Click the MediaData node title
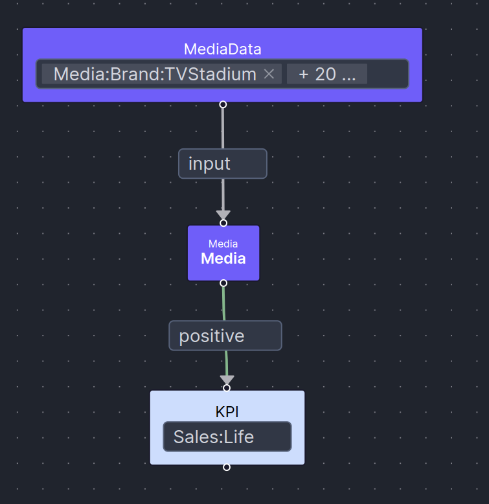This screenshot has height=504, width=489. pos(222,49)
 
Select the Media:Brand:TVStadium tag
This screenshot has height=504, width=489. pos(155,74)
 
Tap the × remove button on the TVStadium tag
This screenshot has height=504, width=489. pos(269,74)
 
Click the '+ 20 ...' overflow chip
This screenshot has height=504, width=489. pos(326,74)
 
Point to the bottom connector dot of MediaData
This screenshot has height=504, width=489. pos(223,104)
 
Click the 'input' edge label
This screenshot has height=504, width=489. pos(222,163)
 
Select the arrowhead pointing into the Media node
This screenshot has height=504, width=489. pos(223,214)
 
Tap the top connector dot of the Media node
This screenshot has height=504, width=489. pos(223,223)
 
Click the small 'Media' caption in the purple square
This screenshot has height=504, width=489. pos(223,244)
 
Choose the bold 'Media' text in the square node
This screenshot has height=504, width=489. pos(223,258)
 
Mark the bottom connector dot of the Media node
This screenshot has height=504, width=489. pos(223,283)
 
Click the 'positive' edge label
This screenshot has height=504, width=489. pos(225,336)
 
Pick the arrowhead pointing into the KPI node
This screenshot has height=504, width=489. pos(227,380)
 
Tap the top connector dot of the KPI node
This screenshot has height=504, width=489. pos(227,388)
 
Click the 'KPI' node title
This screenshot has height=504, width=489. pos(227,412)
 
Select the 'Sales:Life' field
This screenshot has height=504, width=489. pos(227,437)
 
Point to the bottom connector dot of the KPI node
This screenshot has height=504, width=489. pos(227,467)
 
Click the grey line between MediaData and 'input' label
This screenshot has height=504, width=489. pos(223,127)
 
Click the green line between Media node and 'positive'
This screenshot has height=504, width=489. pos(224,302)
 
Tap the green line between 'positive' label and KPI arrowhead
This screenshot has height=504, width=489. pos(226,362)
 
